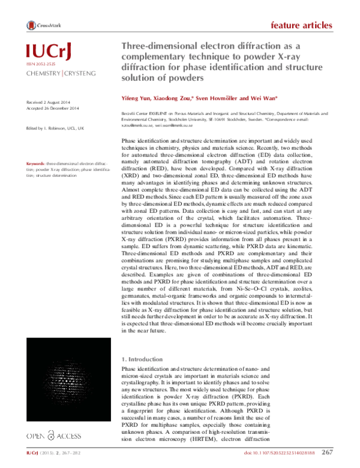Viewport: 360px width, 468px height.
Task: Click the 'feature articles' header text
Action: [301, 25]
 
